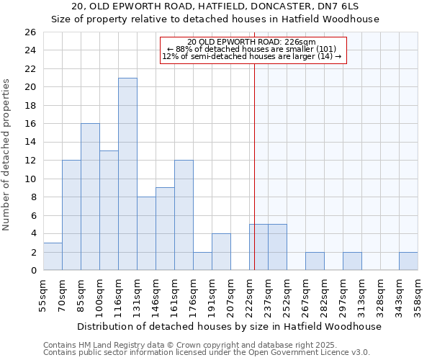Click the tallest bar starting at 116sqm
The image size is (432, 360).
tap(127, 174)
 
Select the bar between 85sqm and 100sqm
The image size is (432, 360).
tap(90, 197)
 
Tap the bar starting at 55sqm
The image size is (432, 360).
tap(53, 256)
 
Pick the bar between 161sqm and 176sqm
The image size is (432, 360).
tap(184, 215)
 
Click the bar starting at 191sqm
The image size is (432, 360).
tap(221, 252)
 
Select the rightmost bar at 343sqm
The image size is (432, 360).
tap(408, 261)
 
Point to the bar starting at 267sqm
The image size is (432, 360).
tap(315, 261)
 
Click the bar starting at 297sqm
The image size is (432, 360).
tap(352, 261)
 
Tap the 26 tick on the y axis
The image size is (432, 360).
tap(30, 32)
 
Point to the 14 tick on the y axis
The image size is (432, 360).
tap(30, 143)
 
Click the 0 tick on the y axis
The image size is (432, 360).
tap(33, 271)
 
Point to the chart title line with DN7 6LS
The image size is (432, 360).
tap(215, 6)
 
